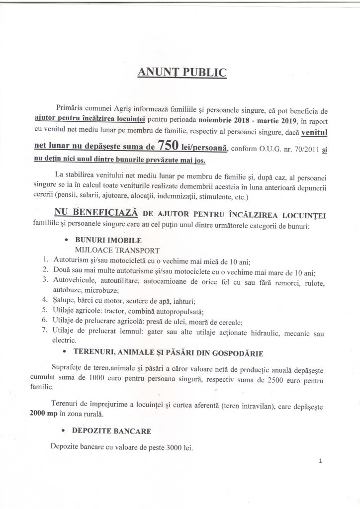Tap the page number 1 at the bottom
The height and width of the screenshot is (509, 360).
(x=321, y=461)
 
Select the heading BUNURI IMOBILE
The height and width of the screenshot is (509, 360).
(x=103, y=240)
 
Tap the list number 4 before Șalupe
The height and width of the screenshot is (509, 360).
(x=44, y=301)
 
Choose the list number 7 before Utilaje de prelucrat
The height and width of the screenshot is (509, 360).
(x=44, y=332)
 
